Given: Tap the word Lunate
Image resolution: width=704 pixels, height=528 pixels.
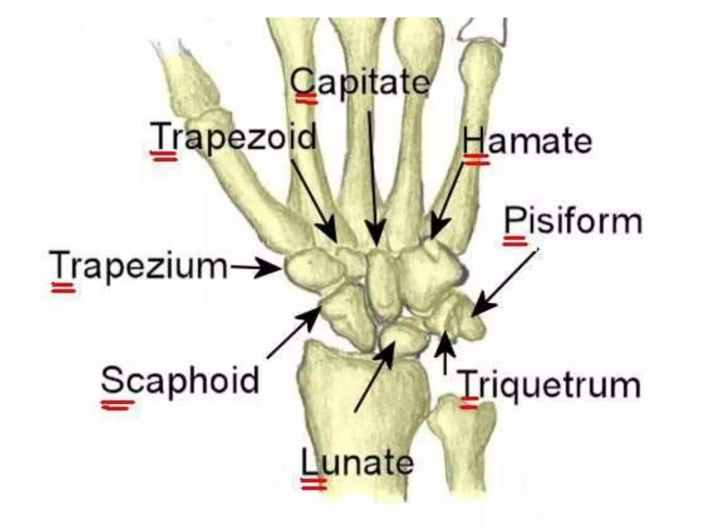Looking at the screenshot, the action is tap(357, 462).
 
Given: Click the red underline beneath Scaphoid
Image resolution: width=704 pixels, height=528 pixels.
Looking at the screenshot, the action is tap(118, 405).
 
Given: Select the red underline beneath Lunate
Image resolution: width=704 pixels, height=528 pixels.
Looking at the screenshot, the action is tap(313, 484).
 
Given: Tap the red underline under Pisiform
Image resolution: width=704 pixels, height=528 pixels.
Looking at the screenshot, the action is tap(515, 241).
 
